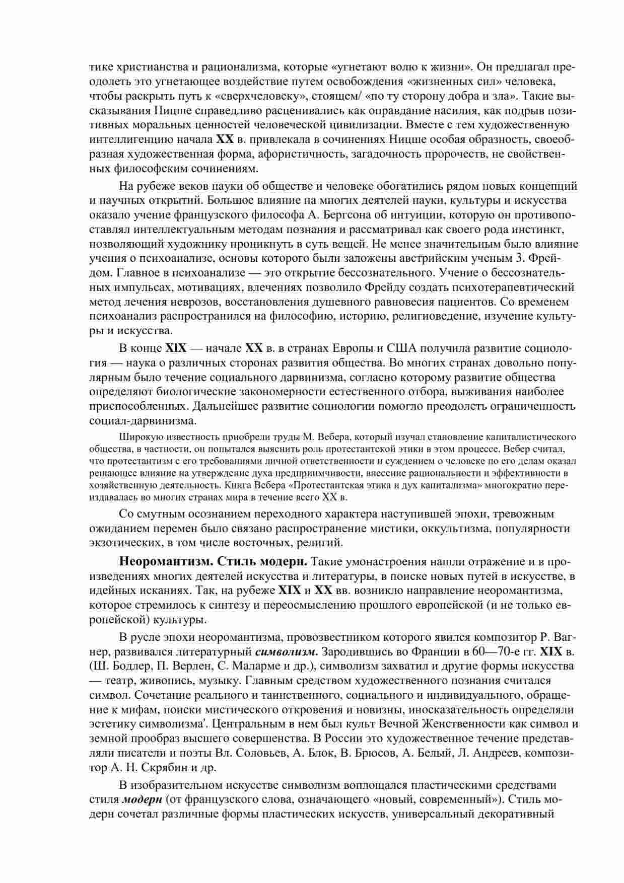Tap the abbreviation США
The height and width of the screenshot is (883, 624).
[x=403, y=348]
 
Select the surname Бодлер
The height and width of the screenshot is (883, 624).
[x=132, y=666]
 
